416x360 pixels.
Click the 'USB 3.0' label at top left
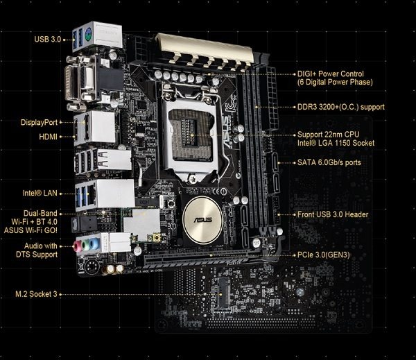pos(48,40)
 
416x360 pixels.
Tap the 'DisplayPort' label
pos(39,122)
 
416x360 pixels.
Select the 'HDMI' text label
pos(48,137)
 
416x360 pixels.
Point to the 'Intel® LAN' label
pos(40,193)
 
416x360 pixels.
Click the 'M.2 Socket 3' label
pos(36,294)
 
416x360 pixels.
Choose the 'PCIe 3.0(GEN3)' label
pos(323,255)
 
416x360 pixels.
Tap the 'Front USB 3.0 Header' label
pos(333,214)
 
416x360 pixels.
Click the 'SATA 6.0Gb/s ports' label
pos(329,162)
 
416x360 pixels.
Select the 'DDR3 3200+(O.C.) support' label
pos(341,107)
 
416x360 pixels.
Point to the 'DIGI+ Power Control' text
pos(330,74)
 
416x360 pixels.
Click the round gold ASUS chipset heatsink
pos(203,220)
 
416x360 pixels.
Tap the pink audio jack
pos(78,246)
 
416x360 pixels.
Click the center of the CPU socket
pos(191,135)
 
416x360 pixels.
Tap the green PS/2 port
pos(88,35)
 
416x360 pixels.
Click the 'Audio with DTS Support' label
pos(37,250)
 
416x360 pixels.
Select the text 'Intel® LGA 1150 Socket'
pos(336,143)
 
